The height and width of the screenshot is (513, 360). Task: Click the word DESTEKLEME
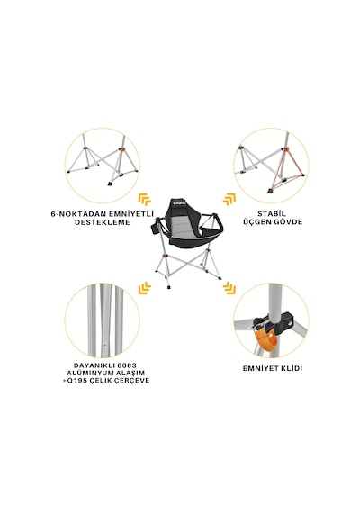tap(102, 222)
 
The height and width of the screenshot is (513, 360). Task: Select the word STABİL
tap(272, 214)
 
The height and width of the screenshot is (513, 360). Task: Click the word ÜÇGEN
tap(256, 221)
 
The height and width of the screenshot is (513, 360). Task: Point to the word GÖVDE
tap(287, 221)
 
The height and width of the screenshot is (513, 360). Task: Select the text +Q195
tap(75, 381)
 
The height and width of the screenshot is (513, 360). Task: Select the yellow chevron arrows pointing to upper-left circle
tap(145, 199)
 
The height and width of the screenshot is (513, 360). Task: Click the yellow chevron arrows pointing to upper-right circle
tap(229, 199)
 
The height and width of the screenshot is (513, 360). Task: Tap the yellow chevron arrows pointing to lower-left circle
tap(145, 287)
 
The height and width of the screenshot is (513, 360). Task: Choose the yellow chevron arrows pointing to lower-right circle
tap(229, 288)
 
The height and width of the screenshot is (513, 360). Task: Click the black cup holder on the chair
tap(155, 228)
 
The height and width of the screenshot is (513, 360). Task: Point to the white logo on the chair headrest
tap(179, 204)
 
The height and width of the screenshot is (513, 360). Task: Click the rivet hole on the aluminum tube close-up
tap(104, 345)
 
